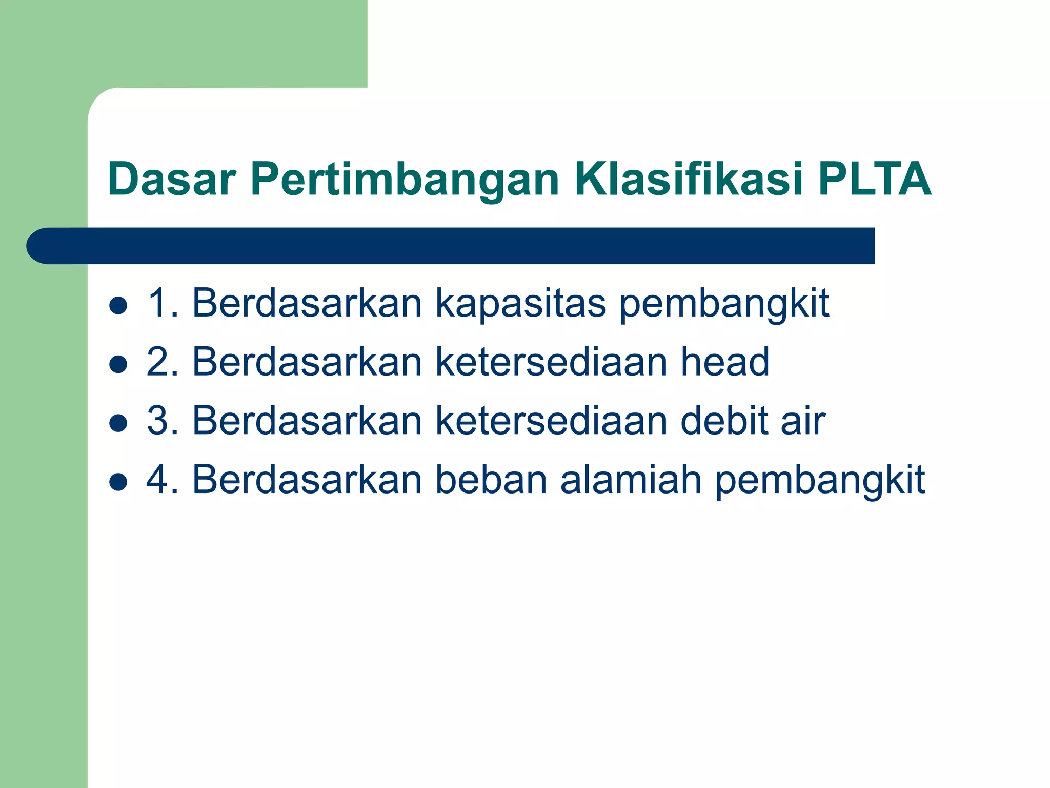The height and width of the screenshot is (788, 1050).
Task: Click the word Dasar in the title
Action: point(171,179)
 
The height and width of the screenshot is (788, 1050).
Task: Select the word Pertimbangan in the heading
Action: point(405,179)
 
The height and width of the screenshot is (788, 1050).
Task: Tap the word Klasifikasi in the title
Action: point(689,179)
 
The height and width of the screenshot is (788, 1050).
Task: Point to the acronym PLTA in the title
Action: point(874,179)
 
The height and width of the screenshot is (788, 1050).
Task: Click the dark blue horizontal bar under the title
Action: point(451,246)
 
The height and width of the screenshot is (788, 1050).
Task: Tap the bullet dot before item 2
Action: point(118,364)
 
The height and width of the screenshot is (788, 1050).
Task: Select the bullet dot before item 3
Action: point(118,423)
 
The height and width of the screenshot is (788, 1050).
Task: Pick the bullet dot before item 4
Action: point(118,482)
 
